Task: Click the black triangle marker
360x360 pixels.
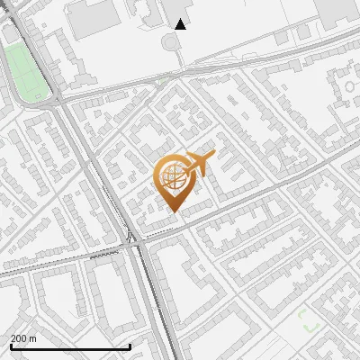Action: coord(181,24)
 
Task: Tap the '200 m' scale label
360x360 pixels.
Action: coord(23,338)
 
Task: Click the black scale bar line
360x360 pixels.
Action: coord(70,346)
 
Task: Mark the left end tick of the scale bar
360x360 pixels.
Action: coord(11,346)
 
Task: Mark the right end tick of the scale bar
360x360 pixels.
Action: coord(130,346)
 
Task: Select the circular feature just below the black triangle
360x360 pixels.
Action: coord(171,42)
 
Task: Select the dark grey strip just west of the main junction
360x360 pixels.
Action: coord(106,256)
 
